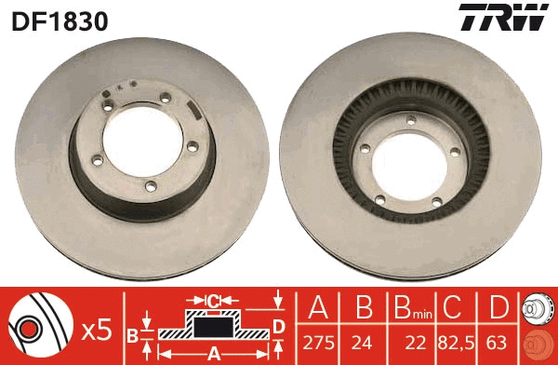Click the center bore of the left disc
(139, 140)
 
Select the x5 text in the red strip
(98, 329)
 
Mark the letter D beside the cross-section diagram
(277, 325)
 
